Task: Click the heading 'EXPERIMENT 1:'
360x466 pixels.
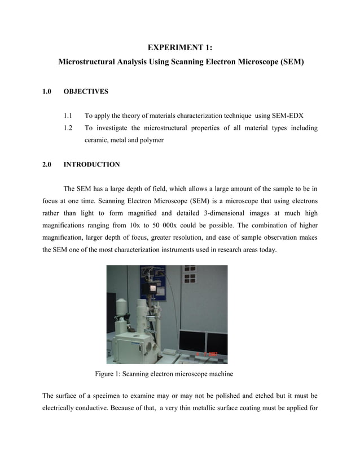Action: coord(181,47)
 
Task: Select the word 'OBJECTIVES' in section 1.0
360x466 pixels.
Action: coord(86,91)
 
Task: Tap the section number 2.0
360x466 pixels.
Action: coord(47,165)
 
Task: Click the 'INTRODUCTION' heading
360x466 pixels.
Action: coord(91,165)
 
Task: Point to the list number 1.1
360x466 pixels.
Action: coord(68,116)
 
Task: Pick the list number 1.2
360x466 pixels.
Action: coord(68,128)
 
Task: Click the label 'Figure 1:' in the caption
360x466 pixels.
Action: coord(107,373)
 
